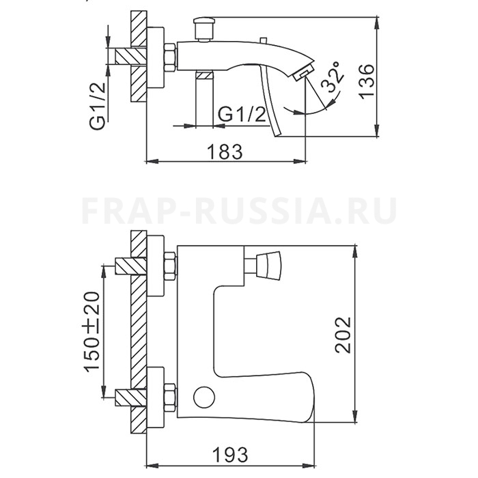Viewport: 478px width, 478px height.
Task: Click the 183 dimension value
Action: [225, 152]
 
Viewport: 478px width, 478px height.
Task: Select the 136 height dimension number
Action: [366, 81]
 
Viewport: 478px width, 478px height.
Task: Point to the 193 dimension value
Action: [230, 455]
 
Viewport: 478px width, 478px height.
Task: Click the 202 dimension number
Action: [343, 335]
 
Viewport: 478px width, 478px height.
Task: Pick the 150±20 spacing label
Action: [92, 332]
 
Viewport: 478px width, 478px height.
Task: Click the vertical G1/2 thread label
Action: [98, 106]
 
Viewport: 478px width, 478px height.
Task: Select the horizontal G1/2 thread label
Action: [242, 115]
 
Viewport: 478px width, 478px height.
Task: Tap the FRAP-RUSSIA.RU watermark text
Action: [239, 211]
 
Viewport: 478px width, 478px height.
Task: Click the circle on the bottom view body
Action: [204, 397]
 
